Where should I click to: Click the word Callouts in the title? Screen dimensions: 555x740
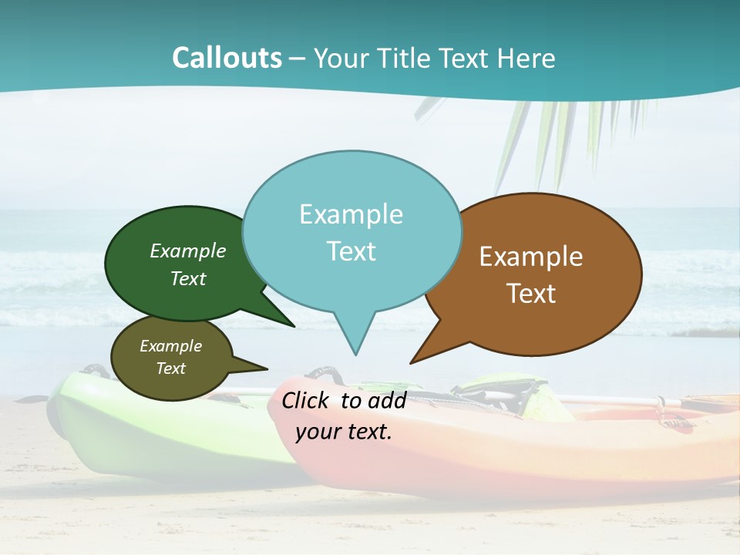(x=227, y=58)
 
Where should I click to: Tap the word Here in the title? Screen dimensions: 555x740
(x=526, y=59)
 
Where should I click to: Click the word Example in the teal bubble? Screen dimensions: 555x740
(x=351, y=214)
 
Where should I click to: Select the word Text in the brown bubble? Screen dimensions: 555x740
(x=531, y=294)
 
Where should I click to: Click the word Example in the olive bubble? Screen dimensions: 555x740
(x=171, y=346)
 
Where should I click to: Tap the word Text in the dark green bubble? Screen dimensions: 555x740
(x=188, y=279)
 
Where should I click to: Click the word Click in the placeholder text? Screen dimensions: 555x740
(x=307, y=400)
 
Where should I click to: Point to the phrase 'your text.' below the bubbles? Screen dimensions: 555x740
(x=344, y=432)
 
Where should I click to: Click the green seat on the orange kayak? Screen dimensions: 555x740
(x=532, y=397)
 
